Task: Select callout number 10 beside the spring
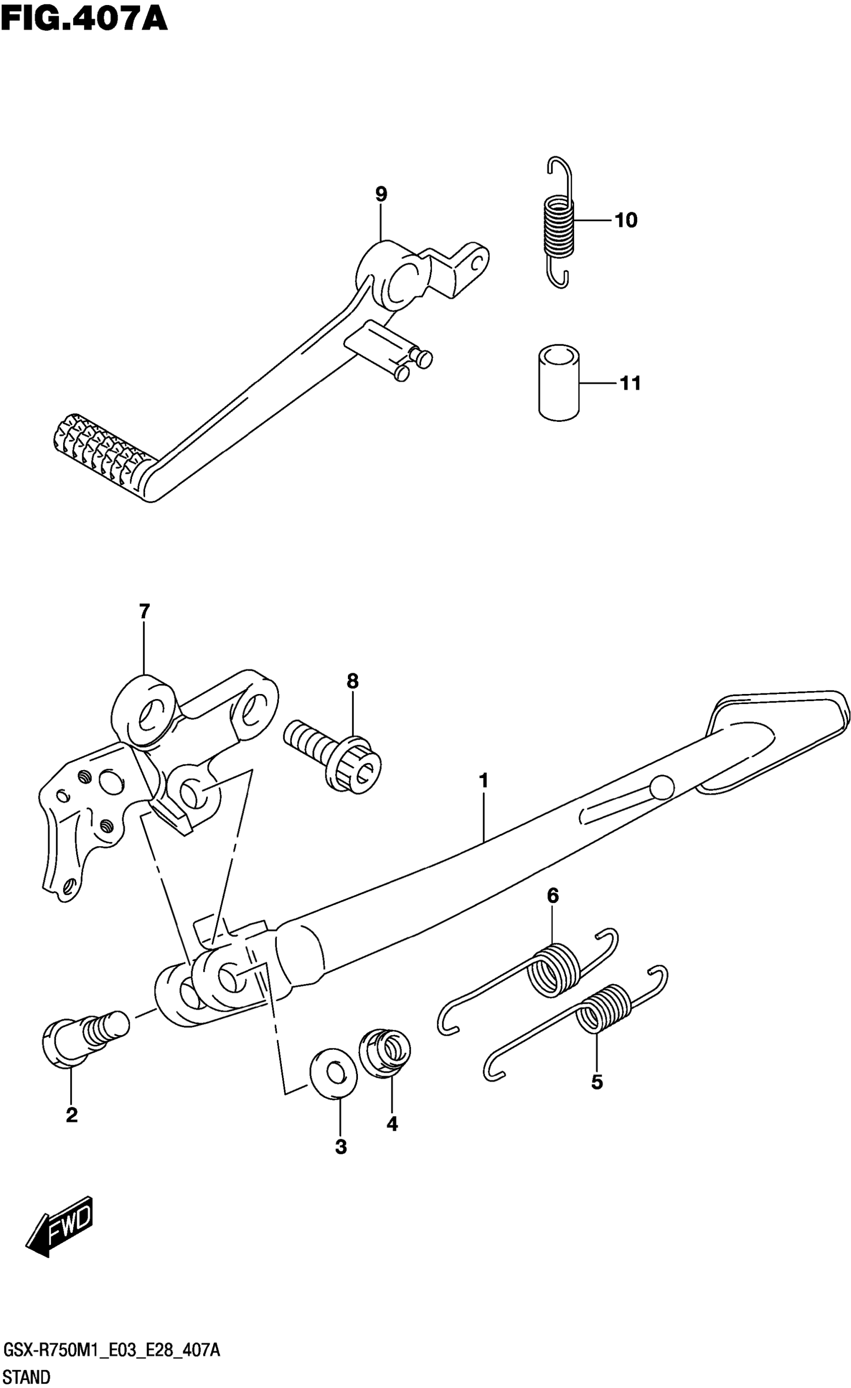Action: point(626,220)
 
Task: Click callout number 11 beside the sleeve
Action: point(630,384)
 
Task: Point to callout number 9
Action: point(381,194)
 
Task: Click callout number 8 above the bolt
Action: point(352,681)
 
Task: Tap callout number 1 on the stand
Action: point(483,782)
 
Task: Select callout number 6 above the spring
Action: point(553,896)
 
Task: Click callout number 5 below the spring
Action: point(597,1082)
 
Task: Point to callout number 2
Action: point(72,1115)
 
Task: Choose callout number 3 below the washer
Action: point(340,1146)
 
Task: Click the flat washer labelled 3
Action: point(333,1074)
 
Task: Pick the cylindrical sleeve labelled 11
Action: point(560,382)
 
